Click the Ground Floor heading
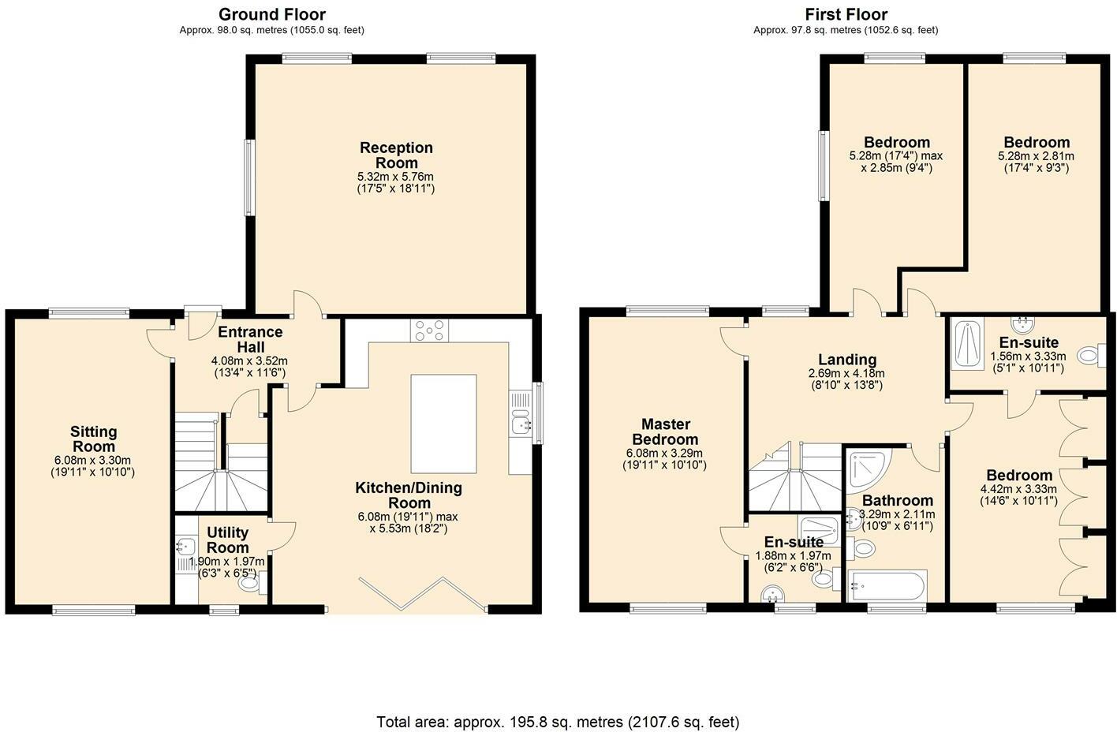(271, 14)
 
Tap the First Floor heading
(846, 14)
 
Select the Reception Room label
(396, 155)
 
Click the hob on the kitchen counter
(429, 331)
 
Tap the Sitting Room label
(93, 439)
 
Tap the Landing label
(846, 360)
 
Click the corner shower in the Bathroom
(865, 469)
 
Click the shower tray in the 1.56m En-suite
(966, 343)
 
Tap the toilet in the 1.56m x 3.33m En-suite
(1091, 356)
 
